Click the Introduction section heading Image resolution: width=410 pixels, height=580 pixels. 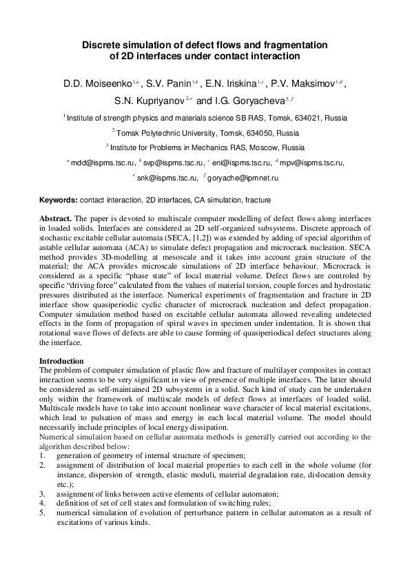61,361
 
